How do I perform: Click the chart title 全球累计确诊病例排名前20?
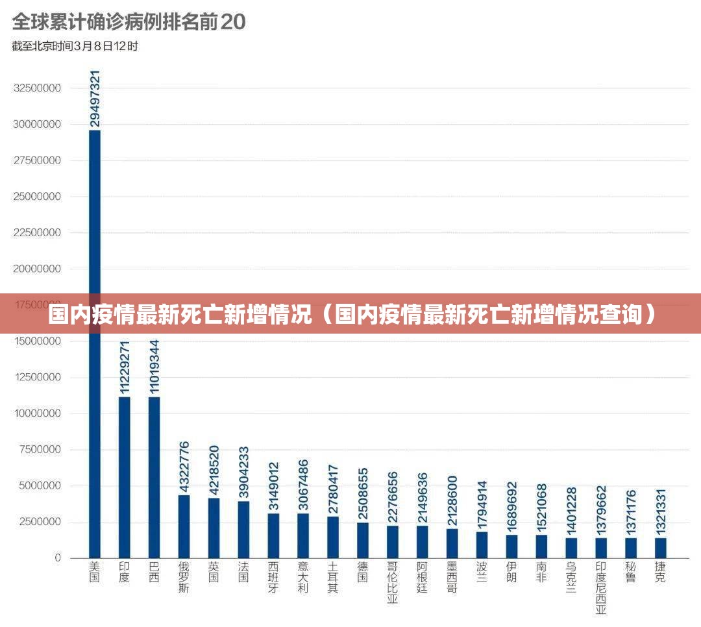pyautogui.click(x=129, y=22)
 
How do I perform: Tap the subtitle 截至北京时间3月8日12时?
pyautogui.click(x=75, y=46)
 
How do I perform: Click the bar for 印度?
pyautogui.click(x=124, y=477)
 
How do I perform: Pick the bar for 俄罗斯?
pyautogui.click(x=184, y=526)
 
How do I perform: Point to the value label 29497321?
pyautogui.click(x=95, y=99)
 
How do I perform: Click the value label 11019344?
pyautogui.click(x=154, y=367)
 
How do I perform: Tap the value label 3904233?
pyautogui.click(x=243, y=472)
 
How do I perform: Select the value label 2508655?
pyautogui.click(x=363, y=493)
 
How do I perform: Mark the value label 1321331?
pyautogui.click(x=660, y=513)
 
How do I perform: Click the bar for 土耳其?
pyautogui.click(x=333, y=537)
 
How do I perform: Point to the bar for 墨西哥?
pyautogui.click(x=452, y=543)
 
